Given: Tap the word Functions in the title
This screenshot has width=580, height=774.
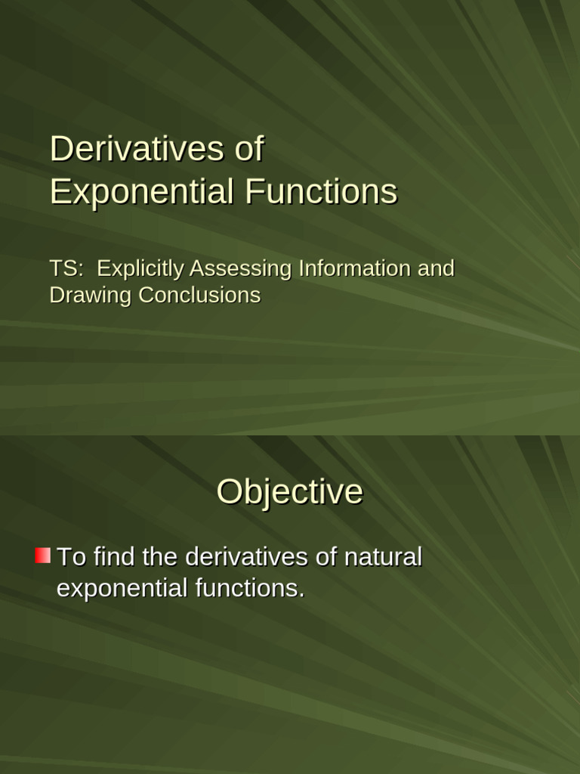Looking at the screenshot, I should [321, 191].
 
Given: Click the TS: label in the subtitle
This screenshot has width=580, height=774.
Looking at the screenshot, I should [66, 268].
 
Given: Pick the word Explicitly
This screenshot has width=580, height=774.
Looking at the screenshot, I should [140, 268].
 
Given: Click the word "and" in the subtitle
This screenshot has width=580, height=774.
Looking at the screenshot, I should [436, 268].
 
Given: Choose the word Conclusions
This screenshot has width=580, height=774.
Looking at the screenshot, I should [199, 295].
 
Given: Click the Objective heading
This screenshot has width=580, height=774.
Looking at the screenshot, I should [290, 492].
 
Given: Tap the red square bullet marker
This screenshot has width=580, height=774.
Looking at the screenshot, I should [42, 556].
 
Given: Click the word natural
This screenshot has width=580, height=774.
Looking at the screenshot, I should [383, 557].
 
